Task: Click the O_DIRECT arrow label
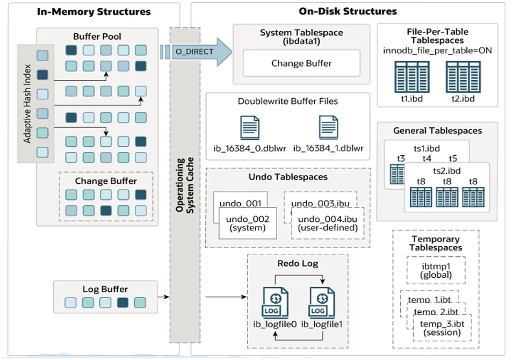(194, 52)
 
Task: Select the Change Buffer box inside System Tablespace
(301, 63)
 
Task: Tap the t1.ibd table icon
(412, 77)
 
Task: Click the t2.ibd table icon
(463, 77)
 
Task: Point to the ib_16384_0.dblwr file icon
(250, 128)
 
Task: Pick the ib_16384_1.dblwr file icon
(328, 127)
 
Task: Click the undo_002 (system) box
(248, 223)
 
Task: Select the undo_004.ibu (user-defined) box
(328, 223)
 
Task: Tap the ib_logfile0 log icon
(276, 303)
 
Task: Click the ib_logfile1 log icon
(322, 303)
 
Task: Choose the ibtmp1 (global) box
(436, 271)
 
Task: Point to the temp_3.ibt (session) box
(442, 328)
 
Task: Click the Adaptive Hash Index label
(27, 104)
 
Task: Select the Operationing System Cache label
(185, 185)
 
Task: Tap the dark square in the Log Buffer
(122, 303)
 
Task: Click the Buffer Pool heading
(97, 36)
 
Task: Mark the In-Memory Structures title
(93, 12)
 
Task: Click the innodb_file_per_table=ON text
(437, 51)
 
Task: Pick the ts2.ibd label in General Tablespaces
(446, 171)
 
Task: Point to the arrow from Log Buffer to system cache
(164, 297)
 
